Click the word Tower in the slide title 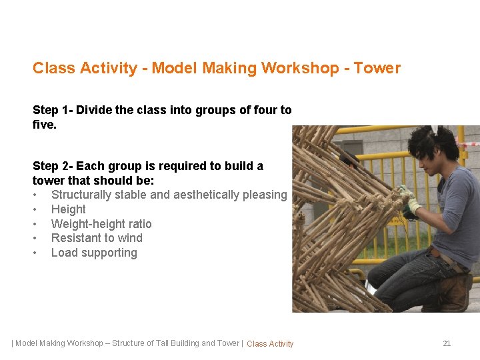(x=377, y=68)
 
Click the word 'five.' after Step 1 (x=45, y=124)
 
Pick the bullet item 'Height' (x=68, y=209)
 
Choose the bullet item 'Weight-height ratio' (x=101, y=224)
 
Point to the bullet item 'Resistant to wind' (x=97, y=238)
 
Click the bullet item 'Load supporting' (x=94, y=253)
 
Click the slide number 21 (x=447, y=343)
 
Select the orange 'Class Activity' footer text (x=270, y=344)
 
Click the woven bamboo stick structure (x=327, y=220)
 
